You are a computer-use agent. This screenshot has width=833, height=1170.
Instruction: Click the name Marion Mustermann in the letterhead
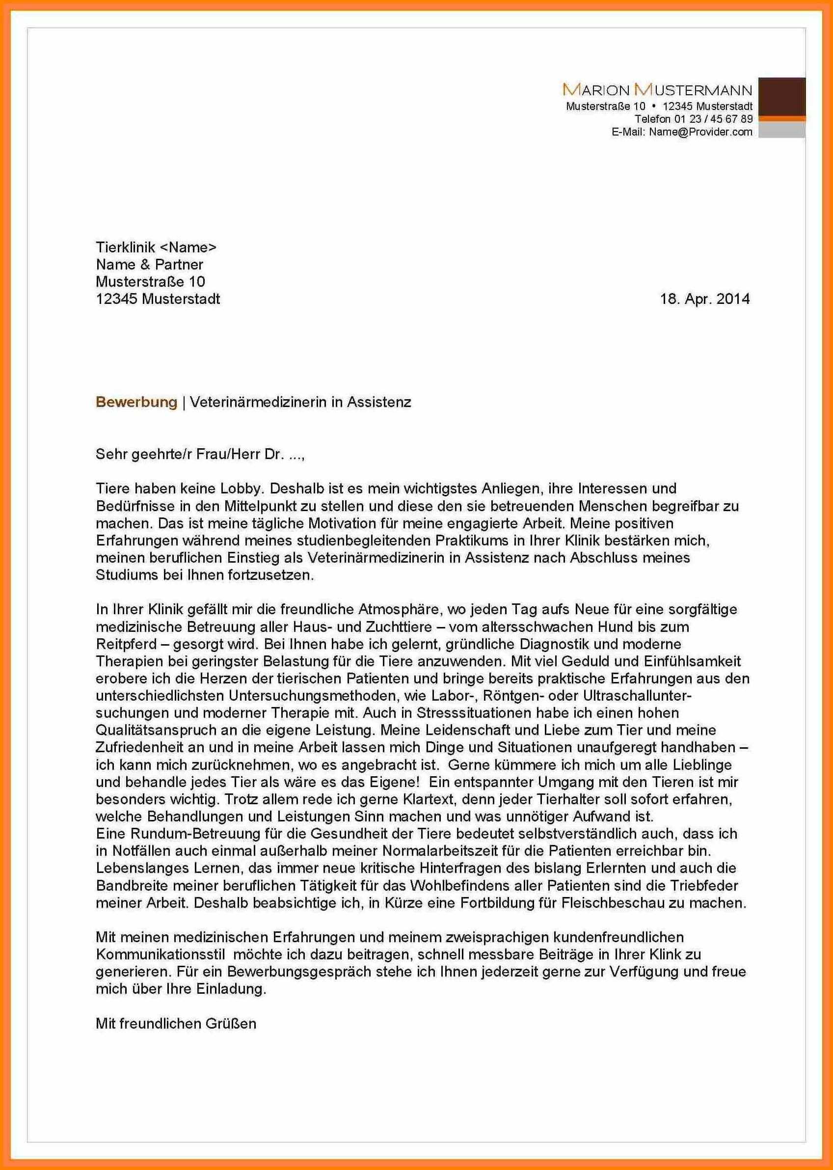(x=657, y=90)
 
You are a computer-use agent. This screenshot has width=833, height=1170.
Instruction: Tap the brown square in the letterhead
(x=781, y=96)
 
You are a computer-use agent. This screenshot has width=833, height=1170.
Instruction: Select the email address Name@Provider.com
(x=700, y=132)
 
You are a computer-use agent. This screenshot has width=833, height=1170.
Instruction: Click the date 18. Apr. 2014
(x=704, y=299)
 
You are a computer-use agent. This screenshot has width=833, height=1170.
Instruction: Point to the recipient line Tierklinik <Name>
(x=156, y=247)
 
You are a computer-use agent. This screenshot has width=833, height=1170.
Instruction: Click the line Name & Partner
(x=149, y=265)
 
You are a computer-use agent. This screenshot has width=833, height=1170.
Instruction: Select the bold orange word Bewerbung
(x=136, y=402)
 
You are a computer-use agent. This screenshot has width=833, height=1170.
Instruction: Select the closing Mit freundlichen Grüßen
(x=176, y=1009)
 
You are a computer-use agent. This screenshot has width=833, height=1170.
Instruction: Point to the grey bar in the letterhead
(x=781, y=130)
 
